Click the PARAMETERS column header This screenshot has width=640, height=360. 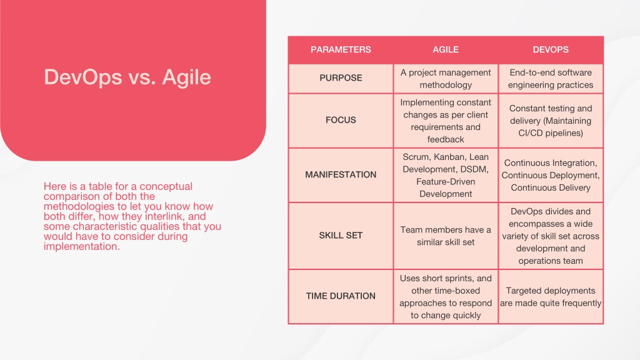click(x=341, y=50)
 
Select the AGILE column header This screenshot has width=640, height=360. click(x=446, y=50)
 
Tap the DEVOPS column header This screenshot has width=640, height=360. click(x=551, y=50)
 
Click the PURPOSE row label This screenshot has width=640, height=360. click(x=341, y=78)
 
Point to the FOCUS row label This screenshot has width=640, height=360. click(x=341, y=120)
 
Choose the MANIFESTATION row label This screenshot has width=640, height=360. click(x=341, y=175)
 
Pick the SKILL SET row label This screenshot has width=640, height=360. click(x=341, y=236)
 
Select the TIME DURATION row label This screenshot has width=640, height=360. click(x=341, y=296)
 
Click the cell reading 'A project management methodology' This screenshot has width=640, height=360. click(x=446, y=78)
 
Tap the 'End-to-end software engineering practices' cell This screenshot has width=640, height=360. click(x=551, y=78)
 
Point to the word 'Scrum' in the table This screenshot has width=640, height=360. click(x=416, y=157)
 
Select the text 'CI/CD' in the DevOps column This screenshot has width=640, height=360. click(x=529, y=133)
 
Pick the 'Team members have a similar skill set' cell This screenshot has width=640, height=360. click(x=446, y=236)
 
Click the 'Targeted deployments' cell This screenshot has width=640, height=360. click(x=551, y=297)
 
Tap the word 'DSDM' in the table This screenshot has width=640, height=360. click(x=476, y=169)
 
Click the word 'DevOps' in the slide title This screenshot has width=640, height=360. click(x=83, y=77)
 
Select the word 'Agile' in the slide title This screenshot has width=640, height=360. click(x=186, y=77)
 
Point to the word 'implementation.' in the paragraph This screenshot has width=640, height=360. click(x=82, y=246)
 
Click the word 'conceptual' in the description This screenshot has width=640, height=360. click(x=166, y=186)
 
